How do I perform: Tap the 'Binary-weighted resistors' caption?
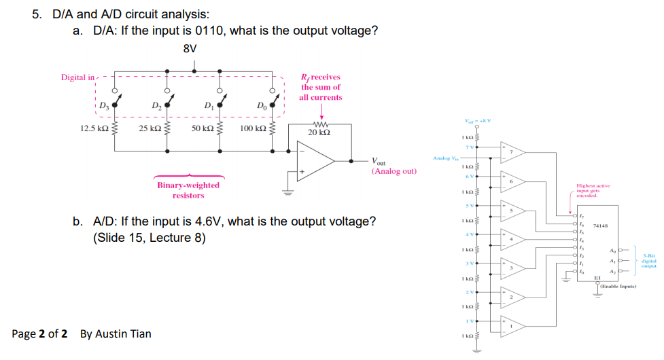tap(188, 190)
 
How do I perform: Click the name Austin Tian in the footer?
tap(123, 334)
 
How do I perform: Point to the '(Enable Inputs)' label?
tap(617, 287)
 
